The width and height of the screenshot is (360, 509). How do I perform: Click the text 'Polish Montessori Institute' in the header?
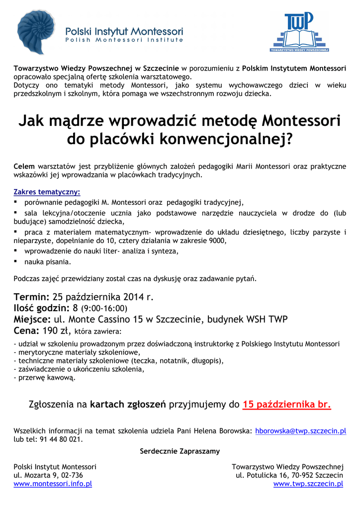(x=125, y=40)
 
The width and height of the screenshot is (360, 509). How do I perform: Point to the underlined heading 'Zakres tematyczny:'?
(x=47, y=192)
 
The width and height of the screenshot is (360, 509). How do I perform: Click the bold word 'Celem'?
(x=23, y=166)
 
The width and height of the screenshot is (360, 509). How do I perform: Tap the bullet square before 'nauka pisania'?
(x=16, y=260)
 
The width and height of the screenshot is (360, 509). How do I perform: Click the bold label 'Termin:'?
(x=31, y=297)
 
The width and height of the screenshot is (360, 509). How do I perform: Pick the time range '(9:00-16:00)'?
(x=104, y=309)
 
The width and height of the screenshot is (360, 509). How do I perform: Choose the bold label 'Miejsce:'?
(x=32, y=319)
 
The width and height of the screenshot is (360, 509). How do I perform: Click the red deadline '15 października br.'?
(x=287, y=404)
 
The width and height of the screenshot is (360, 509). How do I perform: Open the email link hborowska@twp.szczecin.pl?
(x=300, y=431)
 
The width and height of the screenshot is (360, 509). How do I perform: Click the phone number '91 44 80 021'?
(x=62, y=439)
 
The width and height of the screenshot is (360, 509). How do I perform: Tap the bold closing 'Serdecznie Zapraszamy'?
(x=180, y=451)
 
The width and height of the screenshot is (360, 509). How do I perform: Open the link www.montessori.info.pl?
(x=53, y=484)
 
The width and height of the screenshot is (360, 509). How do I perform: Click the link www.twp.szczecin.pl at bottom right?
(x=308, y=484)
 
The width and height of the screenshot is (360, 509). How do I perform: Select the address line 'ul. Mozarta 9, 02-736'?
(x=48, y=475)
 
